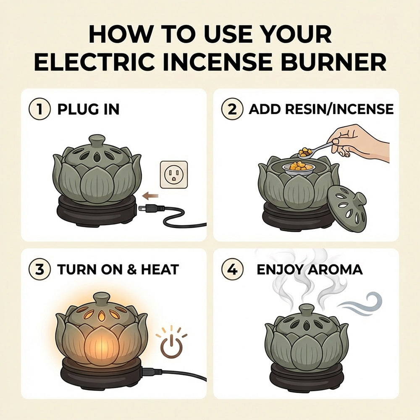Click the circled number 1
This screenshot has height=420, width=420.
[x=39, y=109]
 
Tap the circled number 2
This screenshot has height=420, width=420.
[x=232, y=109]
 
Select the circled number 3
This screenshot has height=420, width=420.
[x=39, y=269]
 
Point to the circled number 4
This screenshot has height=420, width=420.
[x=232, y=269]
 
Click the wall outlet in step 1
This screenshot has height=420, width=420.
[x=173, y=174]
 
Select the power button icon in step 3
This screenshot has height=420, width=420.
[x=172, y=347]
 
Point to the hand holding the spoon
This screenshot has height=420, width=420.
[x=357, y=141]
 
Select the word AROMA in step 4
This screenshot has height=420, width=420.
[x=335, y=269]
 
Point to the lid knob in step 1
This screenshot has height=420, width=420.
[x=97, y=140]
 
